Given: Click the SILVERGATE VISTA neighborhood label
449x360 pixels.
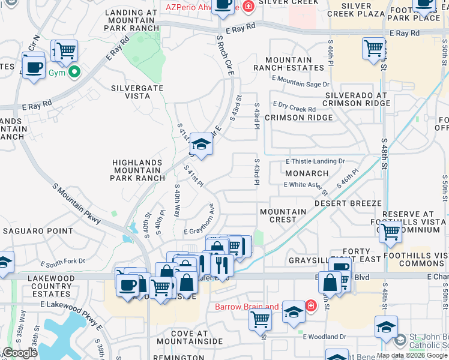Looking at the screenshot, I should pyautogui.click(x=139, y=92).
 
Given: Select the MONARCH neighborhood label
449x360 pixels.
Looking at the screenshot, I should pyautogui.click(x=307, y=173).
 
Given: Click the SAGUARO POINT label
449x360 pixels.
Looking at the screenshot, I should pyautogui.click(x=38, y=230).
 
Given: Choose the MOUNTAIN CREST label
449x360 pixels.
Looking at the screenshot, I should pyautogui.click(x=283, y=215).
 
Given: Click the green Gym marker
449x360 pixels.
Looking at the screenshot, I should pyautogui.click(x=74, y=73).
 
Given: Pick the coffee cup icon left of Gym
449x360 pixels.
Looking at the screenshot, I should pyautogui.click(x=34, y=66).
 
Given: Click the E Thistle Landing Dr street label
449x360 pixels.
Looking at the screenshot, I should pyautogui.click(x=316, y=161).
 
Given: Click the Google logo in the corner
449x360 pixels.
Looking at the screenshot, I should pyautogui.click(x=20, y=353).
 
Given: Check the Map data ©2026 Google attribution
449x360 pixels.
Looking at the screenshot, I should pyautogui.click(x=412, y=355).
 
